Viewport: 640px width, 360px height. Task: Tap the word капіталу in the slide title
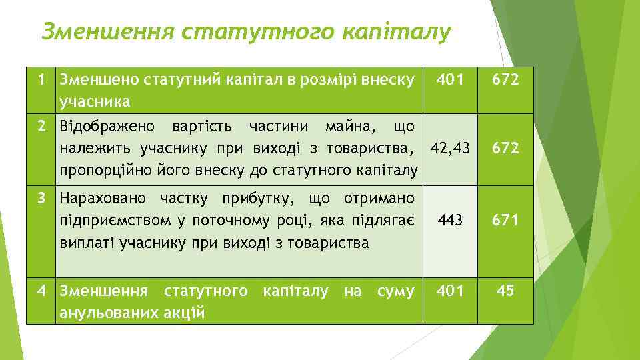[x=396, y=31]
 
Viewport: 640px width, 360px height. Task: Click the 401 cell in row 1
[x=450, y=81]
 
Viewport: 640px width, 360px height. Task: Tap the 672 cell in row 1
[x=505, y=81]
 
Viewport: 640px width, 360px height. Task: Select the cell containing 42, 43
[x=450, y=148]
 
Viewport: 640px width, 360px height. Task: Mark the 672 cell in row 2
[x=505, y=148]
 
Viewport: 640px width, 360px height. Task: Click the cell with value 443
[x=450, y=221]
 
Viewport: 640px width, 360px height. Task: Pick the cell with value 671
[x=505, y=221]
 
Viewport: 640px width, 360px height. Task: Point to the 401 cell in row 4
[x=450, y=291]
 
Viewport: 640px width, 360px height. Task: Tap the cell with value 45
[x=505, y=291]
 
